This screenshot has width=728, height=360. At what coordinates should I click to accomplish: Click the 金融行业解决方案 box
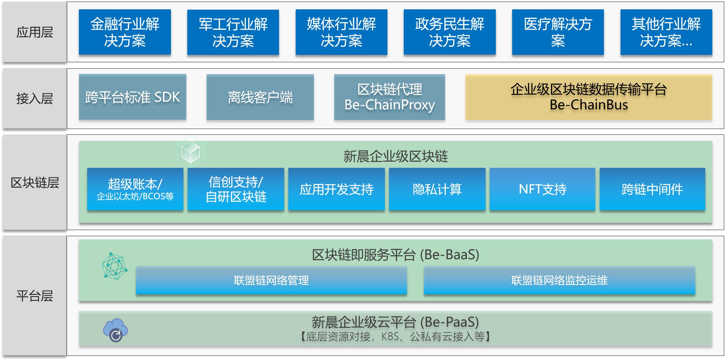tap(125, 32)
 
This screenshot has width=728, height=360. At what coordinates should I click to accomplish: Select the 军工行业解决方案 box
tap(233, 32)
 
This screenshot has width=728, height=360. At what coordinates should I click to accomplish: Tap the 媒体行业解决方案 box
tap(341, 32)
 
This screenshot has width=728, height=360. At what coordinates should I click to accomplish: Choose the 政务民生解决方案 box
tap(450, 32)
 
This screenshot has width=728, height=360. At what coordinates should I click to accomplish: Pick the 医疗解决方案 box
tap(558, 32)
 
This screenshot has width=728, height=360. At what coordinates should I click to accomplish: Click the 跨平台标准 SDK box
tap(132, 97)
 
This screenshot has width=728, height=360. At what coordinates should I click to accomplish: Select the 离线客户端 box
tap(260, 97)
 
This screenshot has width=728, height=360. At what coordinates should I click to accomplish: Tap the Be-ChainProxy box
tap(389, 97)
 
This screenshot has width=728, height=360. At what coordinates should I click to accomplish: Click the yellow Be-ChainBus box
tap(588, 97)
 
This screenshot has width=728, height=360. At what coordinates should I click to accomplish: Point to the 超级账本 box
tap(135, 189)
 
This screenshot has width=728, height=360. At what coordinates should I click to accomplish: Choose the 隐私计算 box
tap(437, 189)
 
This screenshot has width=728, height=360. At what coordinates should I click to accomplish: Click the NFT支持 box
tap(542, 189)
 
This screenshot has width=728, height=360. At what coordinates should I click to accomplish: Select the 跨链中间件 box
tap(652, 189)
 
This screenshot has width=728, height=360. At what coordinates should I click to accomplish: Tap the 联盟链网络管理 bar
tap(271, 280)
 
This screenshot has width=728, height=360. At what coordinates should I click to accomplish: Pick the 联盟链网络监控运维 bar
tap(559, 280)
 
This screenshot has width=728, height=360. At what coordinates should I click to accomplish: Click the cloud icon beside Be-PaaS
tap(115, 330)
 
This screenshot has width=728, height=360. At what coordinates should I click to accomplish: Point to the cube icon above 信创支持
tap(190, 152)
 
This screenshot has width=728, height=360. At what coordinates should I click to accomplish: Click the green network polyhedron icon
tap(114, 266)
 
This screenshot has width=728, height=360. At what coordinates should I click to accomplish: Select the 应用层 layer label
tap(35, 32)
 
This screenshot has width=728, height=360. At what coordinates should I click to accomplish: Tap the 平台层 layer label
tap(35, 296)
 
